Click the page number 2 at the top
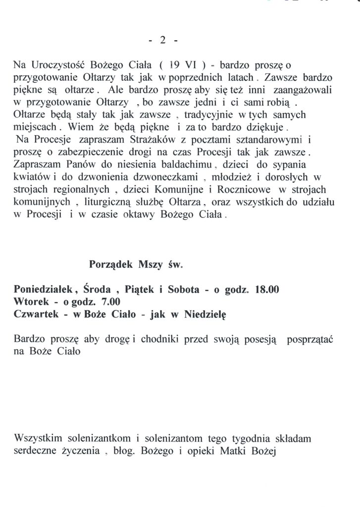tap(162, 41)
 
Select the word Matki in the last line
tap(230, 452)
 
